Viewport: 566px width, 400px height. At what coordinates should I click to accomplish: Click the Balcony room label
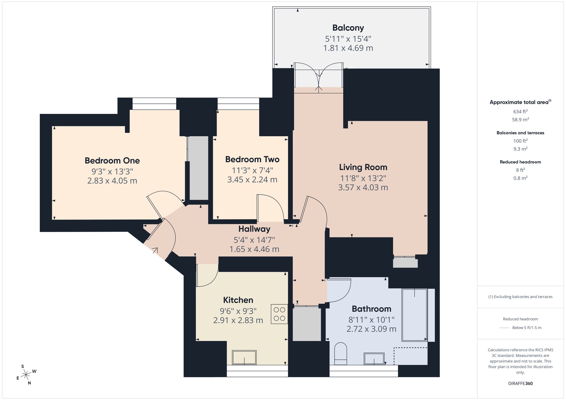(348, 28)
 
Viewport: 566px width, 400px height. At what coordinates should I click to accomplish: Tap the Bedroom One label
(112, 160)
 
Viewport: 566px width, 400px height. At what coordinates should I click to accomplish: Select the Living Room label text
(363, 167)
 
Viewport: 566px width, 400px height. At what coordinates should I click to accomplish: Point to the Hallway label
(254, 229)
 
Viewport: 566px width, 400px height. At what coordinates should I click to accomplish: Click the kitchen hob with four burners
(279, 314)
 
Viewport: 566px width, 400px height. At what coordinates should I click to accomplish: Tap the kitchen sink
(244, 357)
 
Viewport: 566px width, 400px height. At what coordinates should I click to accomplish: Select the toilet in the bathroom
(340, 354)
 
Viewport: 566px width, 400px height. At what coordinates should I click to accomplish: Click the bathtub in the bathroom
(415, 315)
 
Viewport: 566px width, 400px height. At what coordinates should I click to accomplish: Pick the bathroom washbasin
(374, 359)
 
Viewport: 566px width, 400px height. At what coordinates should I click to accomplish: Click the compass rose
(26, 375)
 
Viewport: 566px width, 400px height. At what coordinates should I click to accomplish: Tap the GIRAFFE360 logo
(520, 383)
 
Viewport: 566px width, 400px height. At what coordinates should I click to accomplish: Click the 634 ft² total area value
(520, 112)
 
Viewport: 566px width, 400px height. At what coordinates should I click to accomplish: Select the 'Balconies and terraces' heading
(520, 133)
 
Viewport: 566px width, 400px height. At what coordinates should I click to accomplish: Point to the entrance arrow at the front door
(155, 251)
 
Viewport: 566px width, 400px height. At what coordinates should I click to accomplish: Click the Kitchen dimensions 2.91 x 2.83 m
(238, 320)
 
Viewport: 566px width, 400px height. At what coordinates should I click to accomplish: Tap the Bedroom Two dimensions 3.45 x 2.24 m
(252, 180)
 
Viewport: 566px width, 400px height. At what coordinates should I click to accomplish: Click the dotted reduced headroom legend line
(504, 328)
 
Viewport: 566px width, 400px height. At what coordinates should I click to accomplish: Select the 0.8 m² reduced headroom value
(520, 178)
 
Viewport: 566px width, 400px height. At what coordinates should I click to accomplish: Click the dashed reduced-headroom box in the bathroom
(411, 356)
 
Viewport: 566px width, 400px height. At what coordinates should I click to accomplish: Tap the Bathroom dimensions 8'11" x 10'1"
(371, 320)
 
